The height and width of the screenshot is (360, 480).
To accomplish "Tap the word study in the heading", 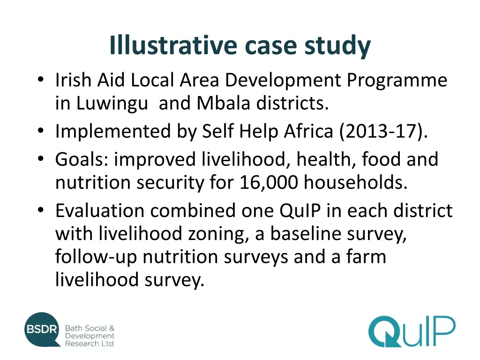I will point(338,46).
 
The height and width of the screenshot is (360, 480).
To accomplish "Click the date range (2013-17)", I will point(383,132).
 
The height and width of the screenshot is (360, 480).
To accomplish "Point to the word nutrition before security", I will point(93,183).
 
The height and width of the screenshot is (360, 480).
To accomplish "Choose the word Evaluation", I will point(99,211).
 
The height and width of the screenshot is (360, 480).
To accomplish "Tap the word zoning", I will point(218,234).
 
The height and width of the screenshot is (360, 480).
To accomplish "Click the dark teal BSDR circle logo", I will point(43,329).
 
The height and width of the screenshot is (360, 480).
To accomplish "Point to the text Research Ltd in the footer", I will point(89,344).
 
